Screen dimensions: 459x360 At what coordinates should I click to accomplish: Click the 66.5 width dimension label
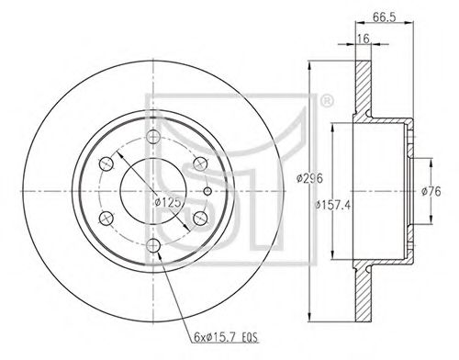click(x=384, y=17)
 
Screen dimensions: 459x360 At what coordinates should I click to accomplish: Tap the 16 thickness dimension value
click(x=364, y=39)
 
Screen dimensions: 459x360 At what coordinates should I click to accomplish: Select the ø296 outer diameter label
click(x=309, y=178)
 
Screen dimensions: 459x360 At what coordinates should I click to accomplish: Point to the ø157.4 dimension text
click(x=332, y=205)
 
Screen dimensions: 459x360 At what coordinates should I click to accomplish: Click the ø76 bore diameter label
click(x=431, y=192)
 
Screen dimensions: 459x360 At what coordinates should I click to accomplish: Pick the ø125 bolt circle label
click(x=168, y=202)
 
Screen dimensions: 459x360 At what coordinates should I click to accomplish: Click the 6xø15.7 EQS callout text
click(x=226, y=337)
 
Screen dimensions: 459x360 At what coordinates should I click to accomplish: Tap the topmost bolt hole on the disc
click(x=153, y=137)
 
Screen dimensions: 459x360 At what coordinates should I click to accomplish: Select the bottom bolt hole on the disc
click(x=153, y=245)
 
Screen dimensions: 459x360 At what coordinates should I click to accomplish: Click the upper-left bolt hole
click(x=106, y=164)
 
